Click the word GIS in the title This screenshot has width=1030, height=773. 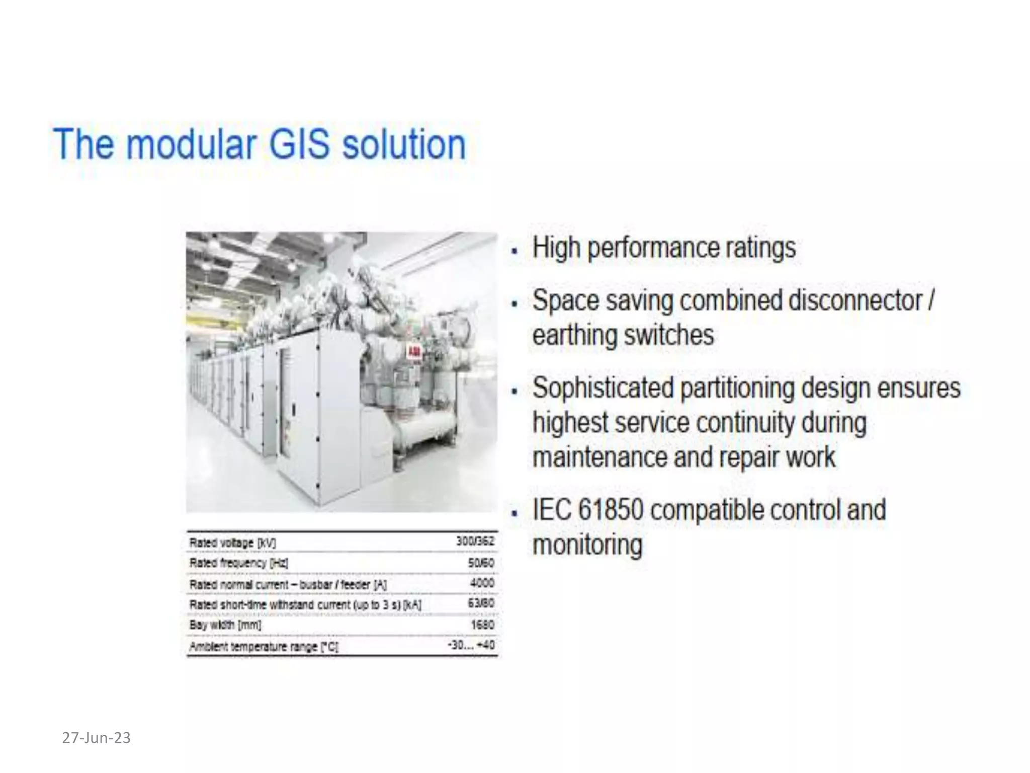click(299, 144)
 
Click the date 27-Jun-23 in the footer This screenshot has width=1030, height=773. click(96, 738)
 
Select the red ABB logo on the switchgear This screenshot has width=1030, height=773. click(414, 352)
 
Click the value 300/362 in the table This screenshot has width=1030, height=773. click(475, 542)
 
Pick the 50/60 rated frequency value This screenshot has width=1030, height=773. click(481, 563)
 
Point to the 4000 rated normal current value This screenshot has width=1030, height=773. click(482, 583)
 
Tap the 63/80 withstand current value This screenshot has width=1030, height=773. click(481, 603)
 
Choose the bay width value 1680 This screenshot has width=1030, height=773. click(482, 625)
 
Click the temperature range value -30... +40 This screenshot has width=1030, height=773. click(471, 645)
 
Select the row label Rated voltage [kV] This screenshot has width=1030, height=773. click(232, 543)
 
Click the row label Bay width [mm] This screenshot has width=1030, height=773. click(225, 625)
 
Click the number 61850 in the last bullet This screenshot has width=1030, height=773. click(611, 510)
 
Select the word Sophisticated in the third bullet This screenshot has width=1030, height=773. click(603, 388)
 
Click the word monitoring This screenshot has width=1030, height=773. click(587, 545)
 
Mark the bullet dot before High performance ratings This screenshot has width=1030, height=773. click(514, 250)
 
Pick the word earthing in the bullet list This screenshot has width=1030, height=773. click(565, 336)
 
